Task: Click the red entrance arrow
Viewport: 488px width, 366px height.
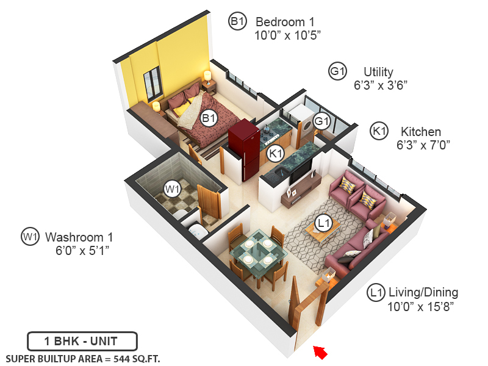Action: pos(320,351)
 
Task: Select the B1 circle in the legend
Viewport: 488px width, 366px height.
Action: pos(237,22)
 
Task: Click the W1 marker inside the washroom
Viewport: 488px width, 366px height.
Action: pos(173,188)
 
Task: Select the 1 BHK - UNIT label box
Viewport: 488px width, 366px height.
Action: pos(82,341)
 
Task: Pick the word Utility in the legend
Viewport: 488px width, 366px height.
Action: pos(378,71)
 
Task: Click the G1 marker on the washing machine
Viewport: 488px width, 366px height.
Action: pos(321,121)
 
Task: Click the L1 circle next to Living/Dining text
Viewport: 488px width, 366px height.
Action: pos(376,293)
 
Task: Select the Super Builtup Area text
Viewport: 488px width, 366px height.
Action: pos(82,359)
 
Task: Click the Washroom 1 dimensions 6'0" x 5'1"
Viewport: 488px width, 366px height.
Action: pos(82,250)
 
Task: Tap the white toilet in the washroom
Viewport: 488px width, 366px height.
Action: pos(196,231)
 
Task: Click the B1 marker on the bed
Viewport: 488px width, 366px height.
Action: pos(209,118)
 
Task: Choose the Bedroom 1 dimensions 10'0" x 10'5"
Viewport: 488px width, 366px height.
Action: pos(287,35)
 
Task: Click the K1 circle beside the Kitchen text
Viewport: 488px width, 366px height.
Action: pos(379,131)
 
